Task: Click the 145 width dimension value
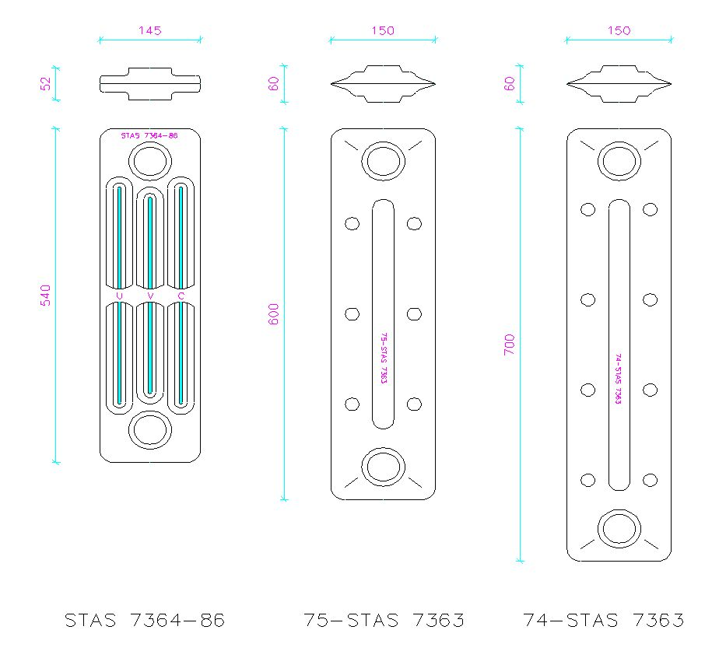pos(150,30)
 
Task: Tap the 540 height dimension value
pos(45,296)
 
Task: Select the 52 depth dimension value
pos(45,84)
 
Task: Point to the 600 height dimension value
pos(274,314)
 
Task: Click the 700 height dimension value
pos(509,345)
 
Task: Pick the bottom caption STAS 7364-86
pos(145,620)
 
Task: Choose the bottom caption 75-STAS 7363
pos(384,620)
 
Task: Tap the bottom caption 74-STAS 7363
pos(604,620)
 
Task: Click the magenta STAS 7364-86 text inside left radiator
pos(149,135)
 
